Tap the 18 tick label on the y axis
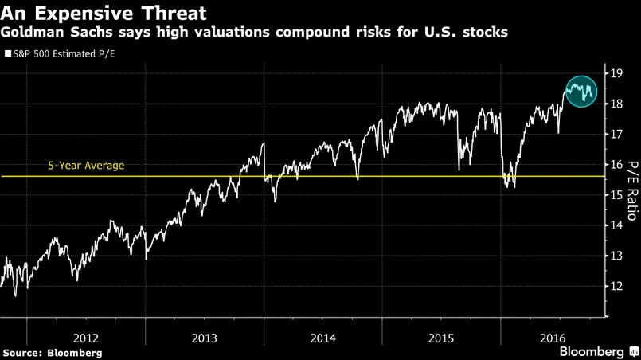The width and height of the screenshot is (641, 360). [x=616, y=104]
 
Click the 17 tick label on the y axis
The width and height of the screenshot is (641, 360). [x=616, y=135]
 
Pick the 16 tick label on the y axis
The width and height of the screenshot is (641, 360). [x=616, y=165]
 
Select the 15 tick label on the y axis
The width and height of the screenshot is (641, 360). [x=616, y=195]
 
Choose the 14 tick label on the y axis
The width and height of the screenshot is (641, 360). [x=616, y=225]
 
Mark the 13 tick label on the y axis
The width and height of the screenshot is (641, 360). [x=616, y=256]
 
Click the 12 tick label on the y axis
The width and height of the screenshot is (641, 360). [x=616, y=286]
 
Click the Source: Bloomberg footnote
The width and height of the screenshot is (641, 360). [x=52, y=352]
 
